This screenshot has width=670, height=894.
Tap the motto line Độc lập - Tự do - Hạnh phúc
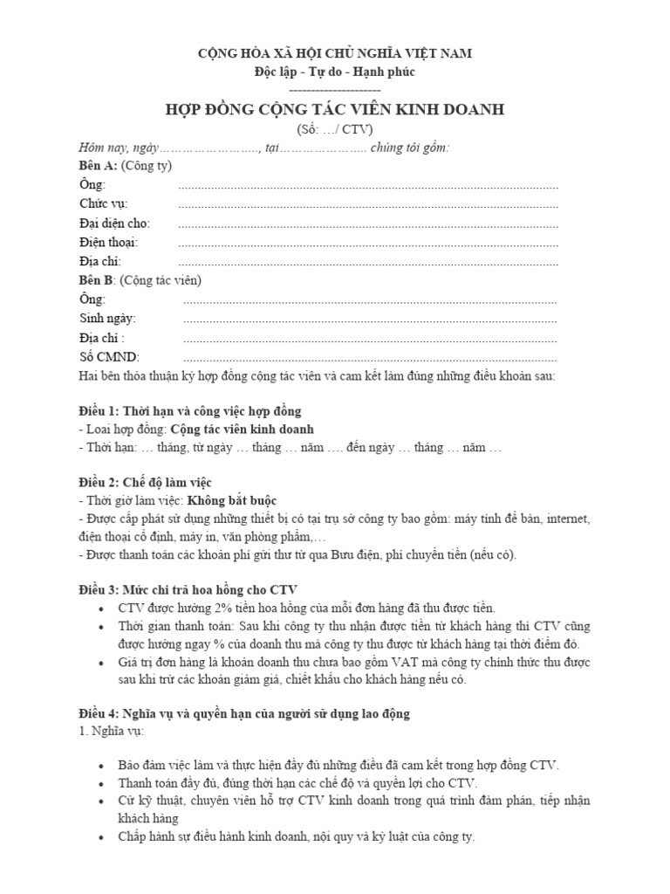click(x=334, y=71)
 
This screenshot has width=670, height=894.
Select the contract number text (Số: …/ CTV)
click(x=334, y=128)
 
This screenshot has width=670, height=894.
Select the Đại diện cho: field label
click(x=113, y=223)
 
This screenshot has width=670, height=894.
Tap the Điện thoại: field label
click(x=109, y=242)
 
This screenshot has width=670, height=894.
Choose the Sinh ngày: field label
click(x=108, y=319)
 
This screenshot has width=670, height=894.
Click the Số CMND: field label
click(x=109, y=357)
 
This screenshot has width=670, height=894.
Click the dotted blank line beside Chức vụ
click(x=367, y=205)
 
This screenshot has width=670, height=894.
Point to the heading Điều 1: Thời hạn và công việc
click(x=190, y=410)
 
